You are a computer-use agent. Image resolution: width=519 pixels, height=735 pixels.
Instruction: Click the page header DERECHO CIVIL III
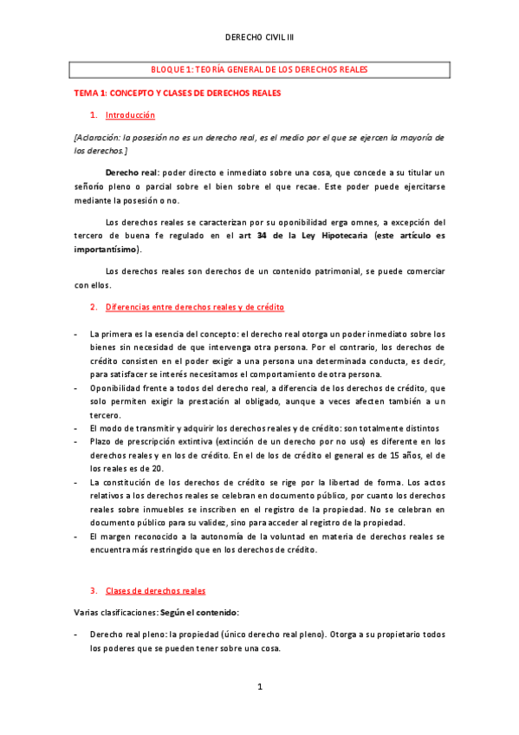[x=259, y=39]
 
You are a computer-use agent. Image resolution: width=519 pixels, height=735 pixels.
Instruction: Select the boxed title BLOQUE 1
[x=259, y=69]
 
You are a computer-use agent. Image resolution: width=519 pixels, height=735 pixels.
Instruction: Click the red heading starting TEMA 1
[x=176, y=92]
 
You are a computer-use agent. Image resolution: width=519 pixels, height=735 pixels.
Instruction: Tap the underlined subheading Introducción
[x=130, y=115]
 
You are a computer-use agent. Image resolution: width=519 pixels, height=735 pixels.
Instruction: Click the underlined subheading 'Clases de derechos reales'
[x=155, y=591]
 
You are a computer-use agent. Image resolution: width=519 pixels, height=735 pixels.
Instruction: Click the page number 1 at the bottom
[x=259, y=686]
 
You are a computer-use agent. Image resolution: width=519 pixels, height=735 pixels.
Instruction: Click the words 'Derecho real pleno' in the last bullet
[x=127, y=634]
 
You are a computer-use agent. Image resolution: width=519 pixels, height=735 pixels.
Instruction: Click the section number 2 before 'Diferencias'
[x=93, y=308]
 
